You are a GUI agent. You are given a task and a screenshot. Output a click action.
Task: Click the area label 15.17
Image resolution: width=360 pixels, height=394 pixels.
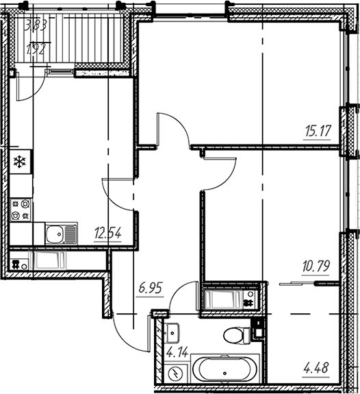(318, 131)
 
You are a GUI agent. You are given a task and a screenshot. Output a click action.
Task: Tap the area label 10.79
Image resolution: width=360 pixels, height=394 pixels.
(316, 267)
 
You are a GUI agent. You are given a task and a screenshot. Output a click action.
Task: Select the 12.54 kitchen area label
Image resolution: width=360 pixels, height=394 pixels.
(107, 233)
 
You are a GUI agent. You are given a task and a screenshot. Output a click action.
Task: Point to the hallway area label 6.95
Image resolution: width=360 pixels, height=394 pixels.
(151, 288)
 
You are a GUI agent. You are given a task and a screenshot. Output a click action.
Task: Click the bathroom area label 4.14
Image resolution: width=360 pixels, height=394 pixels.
(177, 352)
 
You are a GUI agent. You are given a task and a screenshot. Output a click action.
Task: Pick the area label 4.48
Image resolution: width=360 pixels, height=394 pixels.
(316, 368)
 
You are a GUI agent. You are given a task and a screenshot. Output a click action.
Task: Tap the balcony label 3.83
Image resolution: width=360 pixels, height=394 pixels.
(36, 26)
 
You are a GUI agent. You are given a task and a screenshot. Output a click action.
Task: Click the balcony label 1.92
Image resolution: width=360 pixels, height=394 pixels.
(37, 49)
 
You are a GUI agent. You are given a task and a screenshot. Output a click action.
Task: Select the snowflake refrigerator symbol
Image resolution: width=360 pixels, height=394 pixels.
(20, 162)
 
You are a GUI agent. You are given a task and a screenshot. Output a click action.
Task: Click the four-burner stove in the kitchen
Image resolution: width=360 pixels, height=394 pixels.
(21, 210)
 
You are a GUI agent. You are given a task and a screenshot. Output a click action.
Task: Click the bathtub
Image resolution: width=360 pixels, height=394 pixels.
(225, 369)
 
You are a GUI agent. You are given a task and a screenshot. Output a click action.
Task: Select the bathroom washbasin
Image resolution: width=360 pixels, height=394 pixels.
(172, 333)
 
